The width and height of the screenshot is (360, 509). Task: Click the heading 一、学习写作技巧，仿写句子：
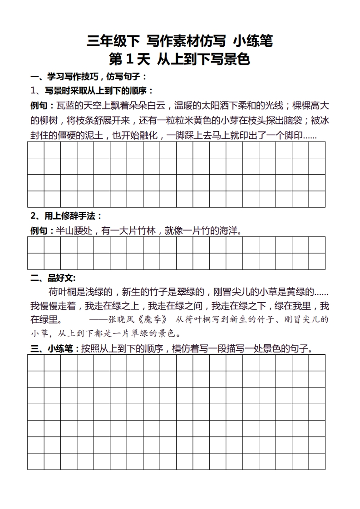[x=89, y=76]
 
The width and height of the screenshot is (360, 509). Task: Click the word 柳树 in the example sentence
[x=51, y=121]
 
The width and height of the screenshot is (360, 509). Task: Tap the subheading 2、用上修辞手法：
[x=66, y=215]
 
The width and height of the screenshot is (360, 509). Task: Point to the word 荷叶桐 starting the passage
[x=64, y=291]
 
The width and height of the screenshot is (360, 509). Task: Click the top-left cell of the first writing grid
[x=36, y=150]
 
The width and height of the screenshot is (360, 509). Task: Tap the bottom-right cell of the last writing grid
[x=316, y=461]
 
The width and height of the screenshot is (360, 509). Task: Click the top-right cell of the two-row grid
[x=316, y=245]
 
